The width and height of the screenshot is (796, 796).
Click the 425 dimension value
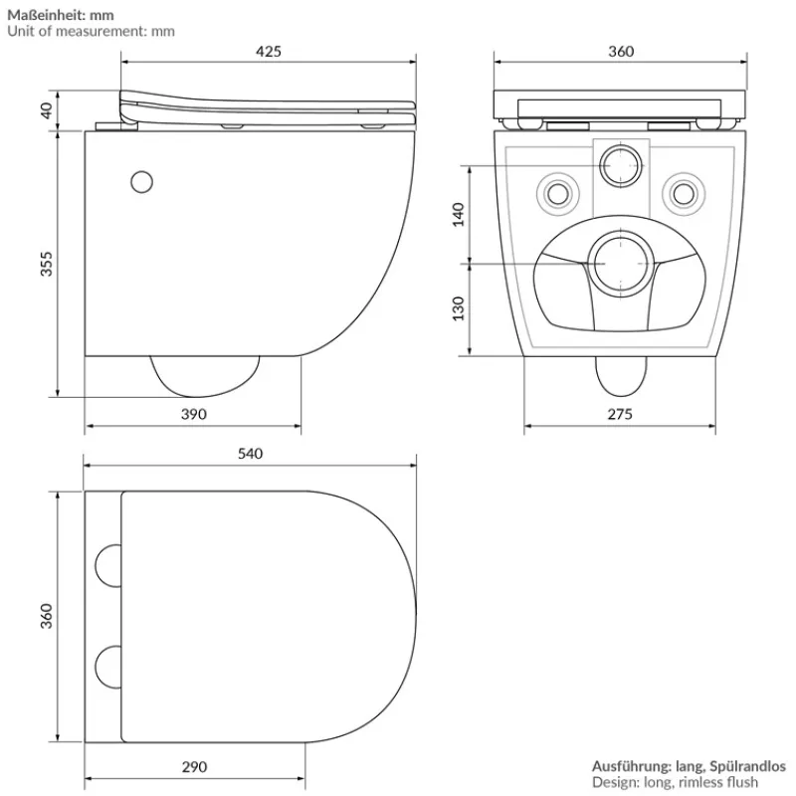[269, 52]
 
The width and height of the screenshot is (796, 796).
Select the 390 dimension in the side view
[194, 414]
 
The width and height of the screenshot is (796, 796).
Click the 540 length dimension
[250, 454]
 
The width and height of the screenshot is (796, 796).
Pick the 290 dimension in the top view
[194, 766]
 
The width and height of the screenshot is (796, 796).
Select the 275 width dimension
[619, 414]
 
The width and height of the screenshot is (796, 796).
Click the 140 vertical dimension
[459, 214]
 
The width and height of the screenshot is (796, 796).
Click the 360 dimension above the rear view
[620, 52]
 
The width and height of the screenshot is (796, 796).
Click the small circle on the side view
[142, 182]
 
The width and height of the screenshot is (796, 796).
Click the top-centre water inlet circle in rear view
[622, 164]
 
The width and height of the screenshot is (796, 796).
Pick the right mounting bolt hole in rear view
[683, 189]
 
